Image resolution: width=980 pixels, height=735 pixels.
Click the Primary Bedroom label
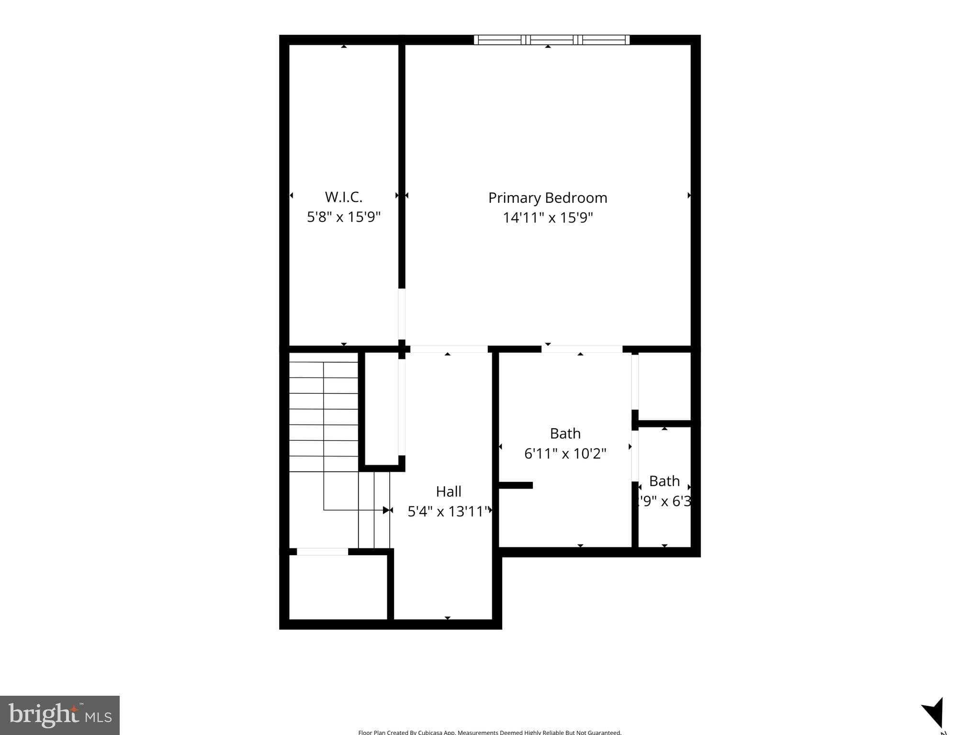click(x=547, y=198)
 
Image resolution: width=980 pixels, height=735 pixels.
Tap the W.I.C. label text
click(x=343, y=197)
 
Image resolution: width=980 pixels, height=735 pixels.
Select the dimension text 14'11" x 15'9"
click(x=547, y=218)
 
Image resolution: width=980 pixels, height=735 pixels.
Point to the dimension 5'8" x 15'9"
click(x=343, y=217)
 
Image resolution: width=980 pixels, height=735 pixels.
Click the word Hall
click(x=448, y=491)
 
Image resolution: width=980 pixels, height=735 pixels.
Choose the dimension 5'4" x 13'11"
click(x=448, y=512)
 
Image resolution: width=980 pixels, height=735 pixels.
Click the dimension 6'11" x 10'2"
click(x=565, y=453)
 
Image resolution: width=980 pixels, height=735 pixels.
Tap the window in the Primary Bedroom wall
click(x=552, y=40)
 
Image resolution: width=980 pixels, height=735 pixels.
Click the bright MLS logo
click(x=60, y=715)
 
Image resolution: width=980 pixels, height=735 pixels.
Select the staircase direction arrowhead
click(x=386, y=510)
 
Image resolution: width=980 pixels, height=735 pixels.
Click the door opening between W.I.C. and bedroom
click(x=402, y=313)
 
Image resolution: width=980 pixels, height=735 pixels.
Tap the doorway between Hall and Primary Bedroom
click(x=449, y=349)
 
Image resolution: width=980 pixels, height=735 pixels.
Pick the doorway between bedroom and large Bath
click(x=581, y=349)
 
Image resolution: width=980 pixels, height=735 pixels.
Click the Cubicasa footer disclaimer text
click(x=489, y=732)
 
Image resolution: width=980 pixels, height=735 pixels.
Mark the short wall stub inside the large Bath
click(x=516, y=485)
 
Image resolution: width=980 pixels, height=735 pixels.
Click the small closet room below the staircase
click(x=338, y=587)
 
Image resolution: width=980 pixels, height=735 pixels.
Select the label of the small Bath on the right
click(x=664, y=481)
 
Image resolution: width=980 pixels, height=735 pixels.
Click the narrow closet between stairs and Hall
click(x=382, y=408)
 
